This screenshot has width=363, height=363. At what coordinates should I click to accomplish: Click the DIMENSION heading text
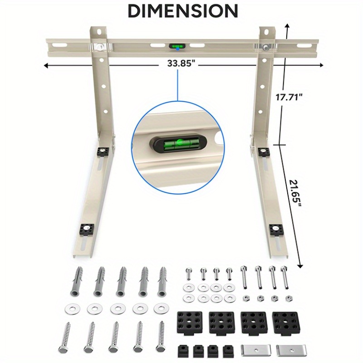182,10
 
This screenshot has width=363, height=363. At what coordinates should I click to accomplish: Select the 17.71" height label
289,97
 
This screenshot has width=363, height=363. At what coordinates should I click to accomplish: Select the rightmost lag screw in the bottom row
160,336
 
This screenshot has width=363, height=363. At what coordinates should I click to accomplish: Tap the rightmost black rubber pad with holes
283,321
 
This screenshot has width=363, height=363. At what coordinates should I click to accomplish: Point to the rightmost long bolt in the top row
285,277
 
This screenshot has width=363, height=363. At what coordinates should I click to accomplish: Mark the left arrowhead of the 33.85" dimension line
45,65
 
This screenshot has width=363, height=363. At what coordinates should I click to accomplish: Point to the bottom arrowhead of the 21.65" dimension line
300,265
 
